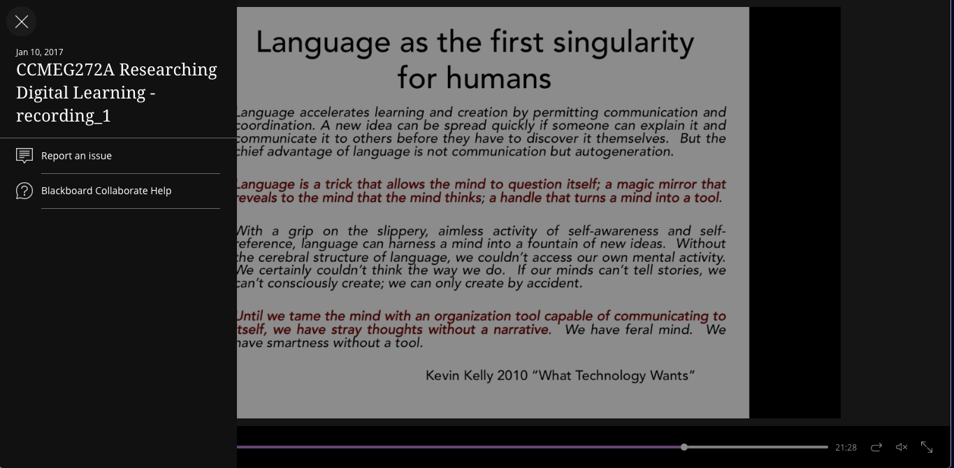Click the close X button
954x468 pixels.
21,21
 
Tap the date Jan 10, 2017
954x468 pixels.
40,52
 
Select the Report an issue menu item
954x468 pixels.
76,156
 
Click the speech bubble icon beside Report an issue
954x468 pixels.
24,156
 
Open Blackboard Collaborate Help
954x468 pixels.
106,191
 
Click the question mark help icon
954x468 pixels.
24,191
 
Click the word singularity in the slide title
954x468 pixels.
623,43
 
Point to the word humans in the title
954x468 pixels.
498,78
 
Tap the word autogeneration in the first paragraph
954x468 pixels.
624,152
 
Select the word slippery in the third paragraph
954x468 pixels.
402,231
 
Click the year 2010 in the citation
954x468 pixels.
512,376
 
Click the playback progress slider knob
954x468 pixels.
684,447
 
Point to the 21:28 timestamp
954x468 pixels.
846,447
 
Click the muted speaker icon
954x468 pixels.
902,447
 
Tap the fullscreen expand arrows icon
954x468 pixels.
927,447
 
